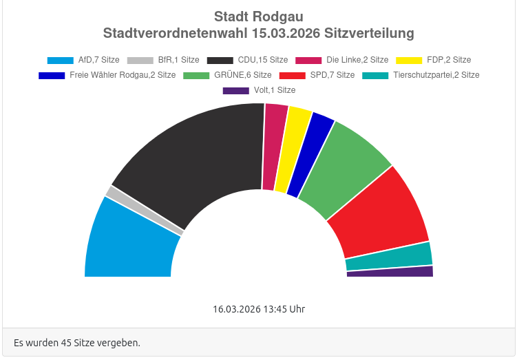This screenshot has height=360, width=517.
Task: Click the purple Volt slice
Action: pos(390,271)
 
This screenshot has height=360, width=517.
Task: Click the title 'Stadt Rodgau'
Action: pos(258,17)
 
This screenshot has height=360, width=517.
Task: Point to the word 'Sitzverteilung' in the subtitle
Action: pos(370,33)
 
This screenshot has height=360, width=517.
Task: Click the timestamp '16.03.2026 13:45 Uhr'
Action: pos(259,309)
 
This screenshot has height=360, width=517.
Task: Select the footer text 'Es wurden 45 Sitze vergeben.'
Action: pos(77,342)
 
